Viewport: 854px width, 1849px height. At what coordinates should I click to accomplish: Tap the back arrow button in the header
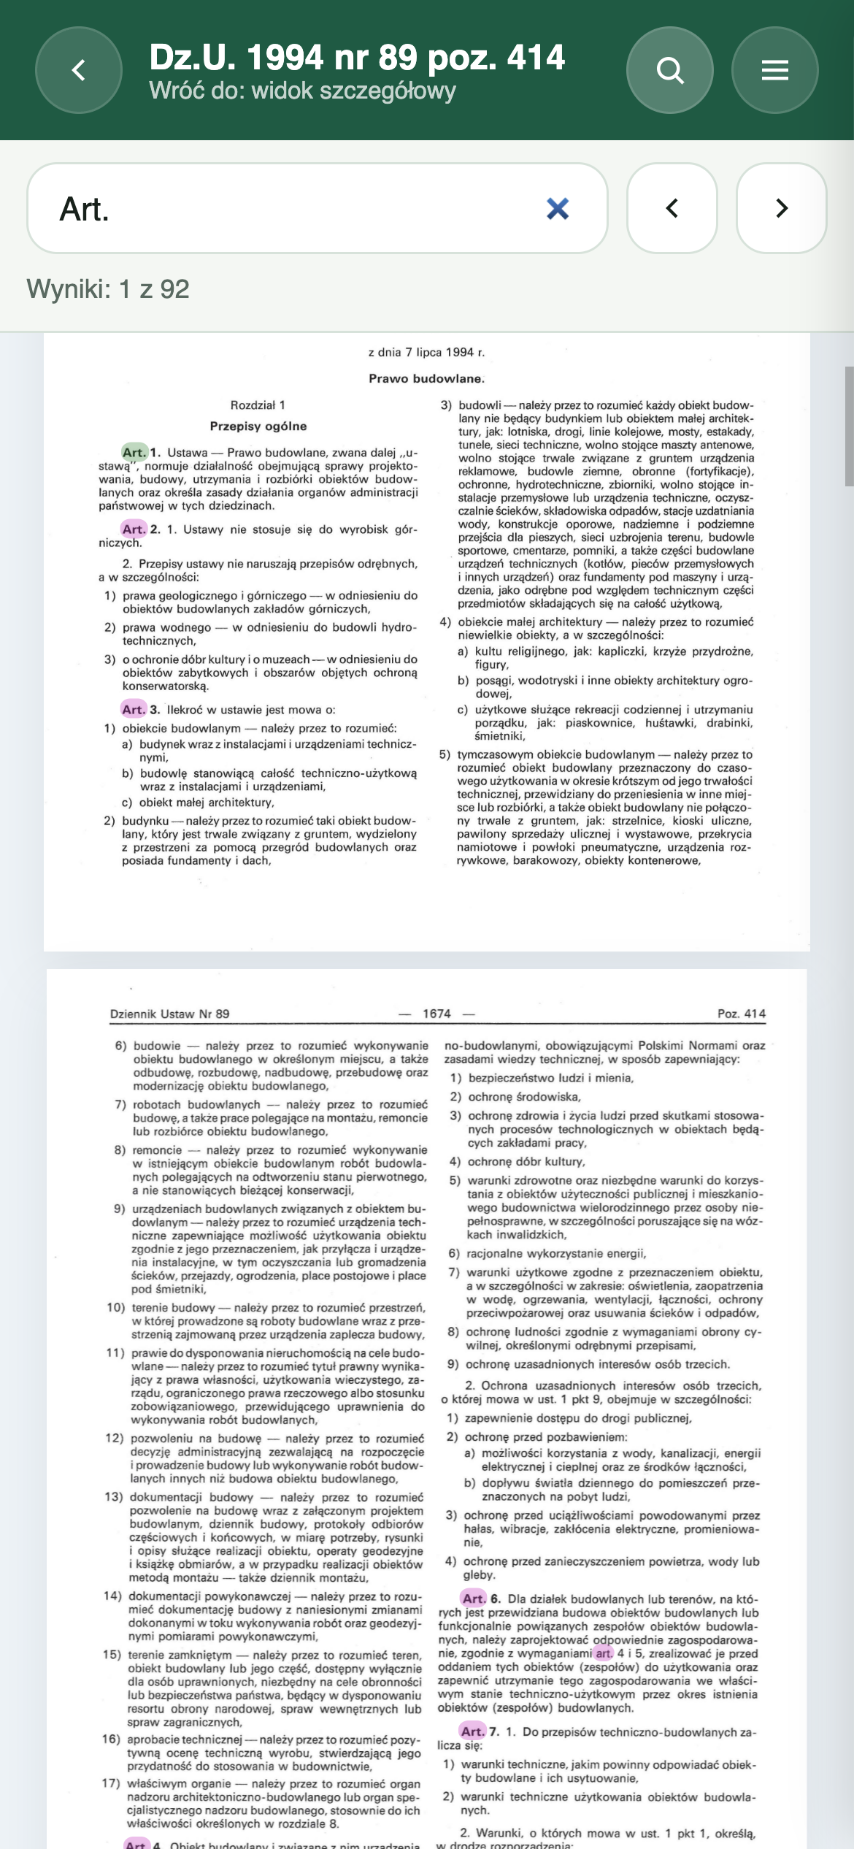[79, 70]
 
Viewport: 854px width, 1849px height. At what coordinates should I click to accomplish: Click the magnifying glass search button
[669, 70]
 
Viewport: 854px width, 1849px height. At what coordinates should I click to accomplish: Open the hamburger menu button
[774, 70]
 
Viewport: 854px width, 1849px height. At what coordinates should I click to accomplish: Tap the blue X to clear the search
[558, 209]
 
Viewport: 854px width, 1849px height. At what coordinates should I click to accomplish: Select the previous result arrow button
[672, 208]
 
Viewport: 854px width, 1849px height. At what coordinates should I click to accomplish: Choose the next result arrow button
[781, 208]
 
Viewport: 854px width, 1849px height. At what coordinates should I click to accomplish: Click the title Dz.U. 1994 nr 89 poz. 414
[357, 57]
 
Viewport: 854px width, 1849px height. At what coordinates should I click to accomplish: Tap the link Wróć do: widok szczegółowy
[302, 91]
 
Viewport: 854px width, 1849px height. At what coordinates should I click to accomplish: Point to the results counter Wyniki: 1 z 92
[108, 289]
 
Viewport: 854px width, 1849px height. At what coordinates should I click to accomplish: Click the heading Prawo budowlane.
[426, 378]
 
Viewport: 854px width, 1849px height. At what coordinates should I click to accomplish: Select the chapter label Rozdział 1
[258, 405]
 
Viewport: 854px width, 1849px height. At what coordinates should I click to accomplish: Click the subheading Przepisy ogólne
[258, 426]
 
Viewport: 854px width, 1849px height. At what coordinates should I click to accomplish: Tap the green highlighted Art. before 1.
[134, 452]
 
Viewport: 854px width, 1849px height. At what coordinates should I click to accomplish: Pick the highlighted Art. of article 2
[134, 529]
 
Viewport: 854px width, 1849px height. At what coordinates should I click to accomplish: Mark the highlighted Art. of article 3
[134, 709]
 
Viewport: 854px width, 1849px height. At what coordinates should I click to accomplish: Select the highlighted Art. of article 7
[472, 1731]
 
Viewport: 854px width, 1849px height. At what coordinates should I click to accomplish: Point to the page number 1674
[436, 1014]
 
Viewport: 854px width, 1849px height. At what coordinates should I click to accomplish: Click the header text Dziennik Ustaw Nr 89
[169, 1014]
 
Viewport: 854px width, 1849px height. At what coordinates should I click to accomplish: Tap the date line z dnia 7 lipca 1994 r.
[426, 352]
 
